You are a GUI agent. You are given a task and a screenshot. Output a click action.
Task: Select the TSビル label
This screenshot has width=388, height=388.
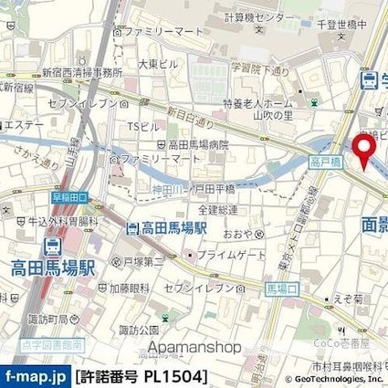(x=138, y=125)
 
